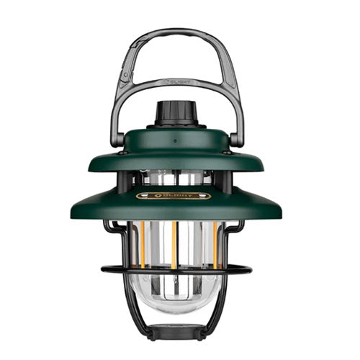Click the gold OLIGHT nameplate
pyautogui.click(x=174, y=195)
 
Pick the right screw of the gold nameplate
pyautogui.click(x=207, y=195)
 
